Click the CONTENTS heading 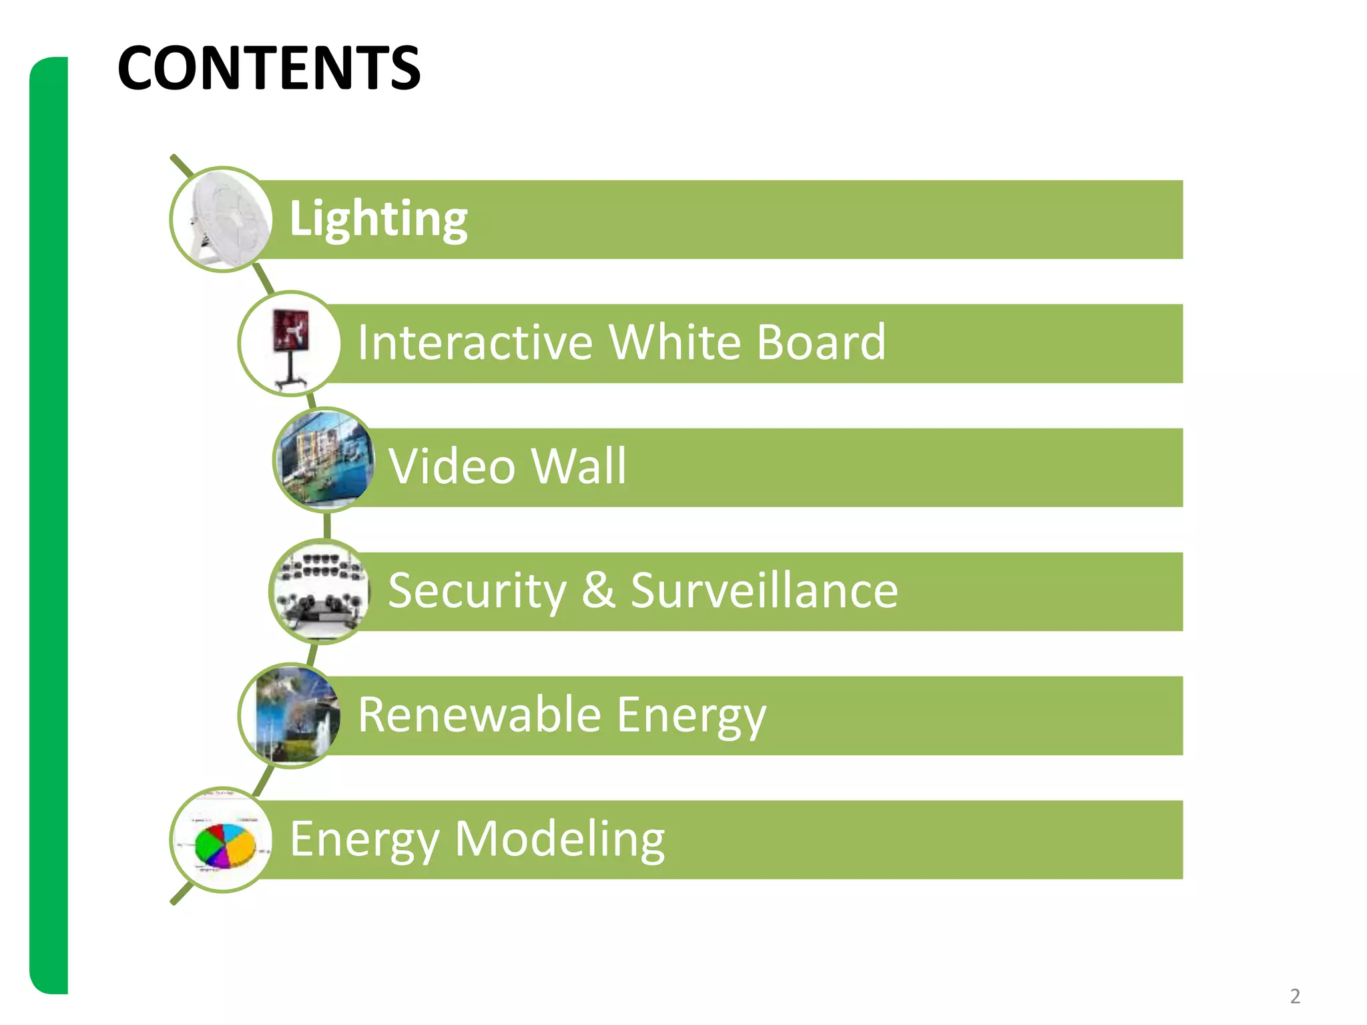click(x=268, y=68)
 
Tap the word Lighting click(x=378, y=219)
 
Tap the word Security click(x=477, y=591)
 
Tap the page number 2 click(x=1295, y=996)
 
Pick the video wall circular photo click(x=324, y=460)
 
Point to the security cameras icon click(x=320, y=591)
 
